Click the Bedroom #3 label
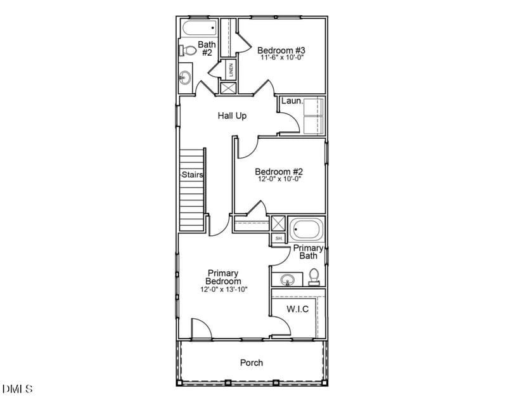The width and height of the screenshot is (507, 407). coord(281,50)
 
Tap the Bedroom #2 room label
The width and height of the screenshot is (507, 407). coord(279,171)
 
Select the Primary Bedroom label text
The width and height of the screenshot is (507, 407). coord(223,277)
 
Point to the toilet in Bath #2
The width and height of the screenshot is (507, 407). coord(188,50)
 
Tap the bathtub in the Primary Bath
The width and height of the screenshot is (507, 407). coord(307,229)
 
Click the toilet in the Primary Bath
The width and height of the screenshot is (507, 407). coord(314,276)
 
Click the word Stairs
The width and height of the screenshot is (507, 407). coord(192,174)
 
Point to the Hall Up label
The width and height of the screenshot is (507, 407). coord(232,116)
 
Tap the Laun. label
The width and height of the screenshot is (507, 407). coord(291,101)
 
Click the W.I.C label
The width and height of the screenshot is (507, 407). coord(297,309)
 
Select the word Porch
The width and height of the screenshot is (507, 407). coord(251,363)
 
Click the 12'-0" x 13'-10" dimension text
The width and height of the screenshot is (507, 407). coord(223,289)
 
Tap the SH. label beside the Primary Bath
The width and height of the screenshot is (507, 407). coord(278,238)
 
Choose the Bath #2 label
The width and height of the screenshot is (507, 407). coord(207,48)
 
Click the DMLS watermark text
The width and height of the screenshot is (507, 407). coord(18,388)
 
